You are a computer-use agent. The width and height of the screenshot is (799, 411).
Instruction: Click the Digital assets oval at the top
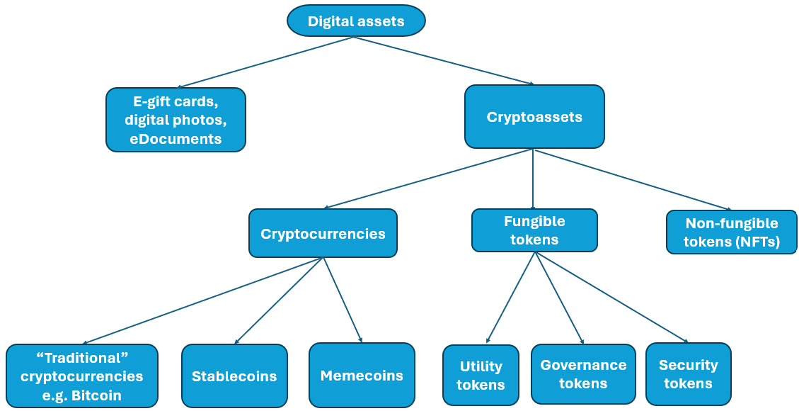pos(356,21)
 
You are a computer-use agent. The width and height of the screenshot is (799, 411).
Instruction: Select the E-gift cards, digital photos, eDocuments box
pos(176,120)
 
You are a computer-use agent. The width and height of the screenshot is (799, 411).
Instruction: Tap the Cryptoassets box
pos(534,117)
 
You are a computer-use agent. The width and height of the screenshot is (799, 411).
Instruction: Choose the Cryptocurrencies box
pos(323,233)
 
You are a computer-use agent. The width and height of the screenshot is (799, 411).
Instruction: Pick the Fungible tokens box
pos(534,230)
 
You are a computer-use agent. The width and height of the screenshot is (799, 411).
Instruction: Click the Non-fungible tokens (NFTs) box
pos(732,232)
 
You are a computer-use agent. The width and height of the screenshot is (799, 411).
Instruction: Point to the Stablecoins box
pos(234,376)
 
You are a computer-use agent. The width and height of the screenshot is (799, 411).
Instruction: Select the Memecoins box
pos(362,375)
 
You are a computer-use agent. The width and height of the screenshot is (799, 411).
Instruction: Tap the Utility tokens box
pos(481,376)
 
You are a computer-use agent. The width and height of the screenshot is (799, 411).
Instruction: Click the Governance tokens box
pos(583,374)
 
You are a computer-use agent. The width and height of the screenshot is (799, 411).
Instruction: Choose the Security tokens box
pos(688,374)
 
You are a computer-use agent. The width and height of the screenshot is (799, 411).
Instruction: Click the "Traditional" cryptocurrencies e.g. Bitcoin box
pos(81,376)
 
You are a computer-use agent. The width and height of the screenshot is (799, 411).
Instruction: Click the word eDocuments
pos(176,139)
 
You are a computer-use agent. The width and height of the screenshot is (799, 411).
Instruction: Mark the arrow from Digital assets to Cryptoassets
pos(444,60)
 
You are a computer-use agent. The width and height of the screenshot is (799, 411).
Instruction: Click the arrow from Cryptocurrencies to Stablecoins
pos(279,301)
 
